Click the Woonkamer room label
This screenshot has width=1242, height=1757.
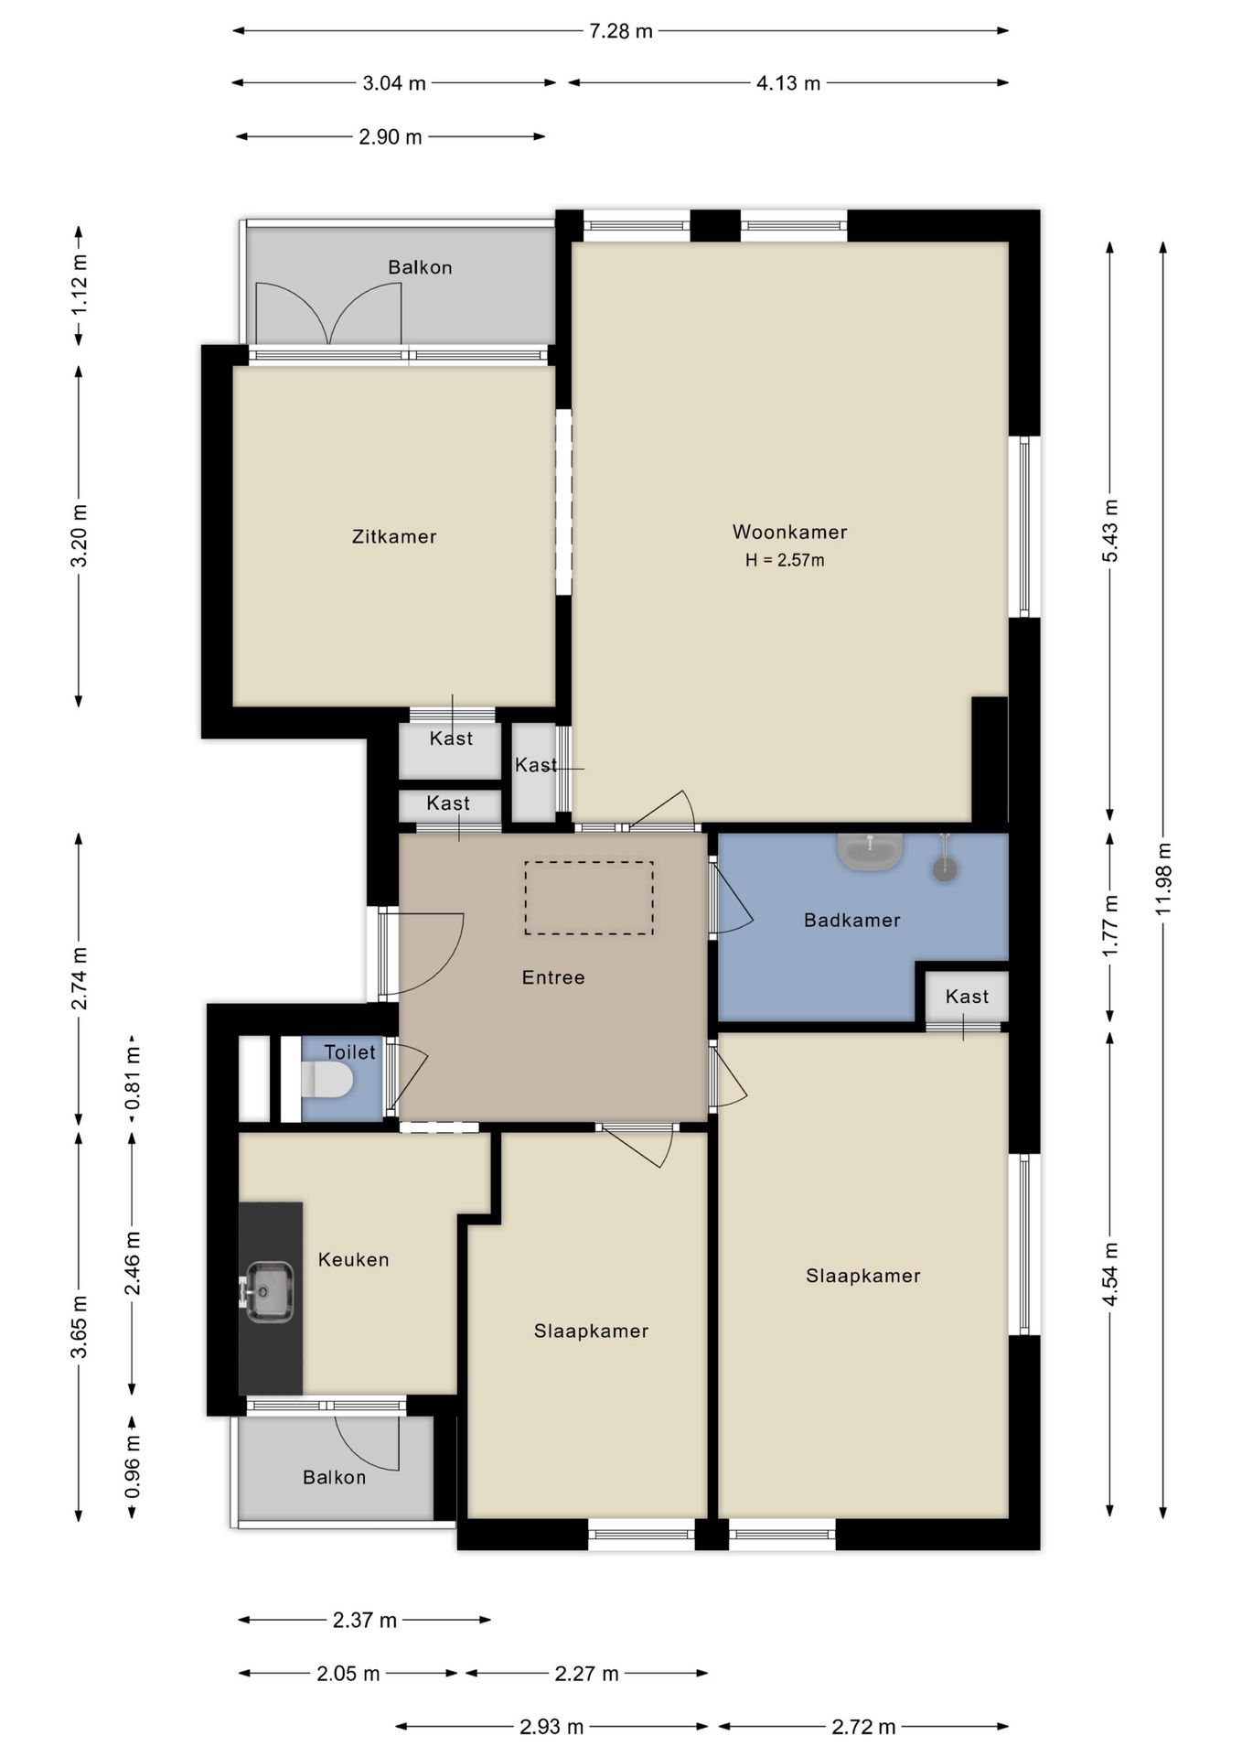tap(789, 532)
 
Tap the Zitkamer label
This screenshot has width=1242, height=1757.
tap(394, 536)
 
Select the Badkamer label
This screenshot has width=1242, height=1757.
tap(852, 920)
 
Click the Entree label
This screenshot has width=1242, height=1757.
tap(553, 977)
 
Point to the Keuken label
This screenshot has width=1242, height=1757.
tap(354, 1259)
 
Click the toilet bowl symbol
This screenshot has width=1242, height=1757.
tap(327, 1080)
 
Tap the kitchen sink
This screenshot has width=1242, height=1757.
tap(269, 1292)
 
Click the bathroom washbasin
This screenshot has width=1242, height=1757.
tap(870, 851)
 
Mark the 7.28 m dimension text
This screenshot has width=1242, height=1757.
tap(621, 31)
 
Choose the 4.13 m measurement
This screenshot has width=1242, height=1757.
tap(788, 83)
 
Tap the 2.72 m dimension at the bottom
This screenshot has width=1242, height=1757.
tap(863, 1727)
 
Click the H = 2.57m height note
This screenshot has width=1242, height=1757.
tap(785, 560)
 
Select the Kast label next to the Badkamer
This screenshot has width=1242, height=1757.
tap(967, 997)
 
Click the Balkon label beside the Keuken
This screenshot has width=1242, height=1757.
tap(335, 1477)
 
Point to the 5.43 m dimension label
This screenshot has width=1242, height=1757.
tap(1110, 532)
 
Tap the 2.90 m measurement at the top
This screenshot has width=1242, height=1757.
tap(391, 137)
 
